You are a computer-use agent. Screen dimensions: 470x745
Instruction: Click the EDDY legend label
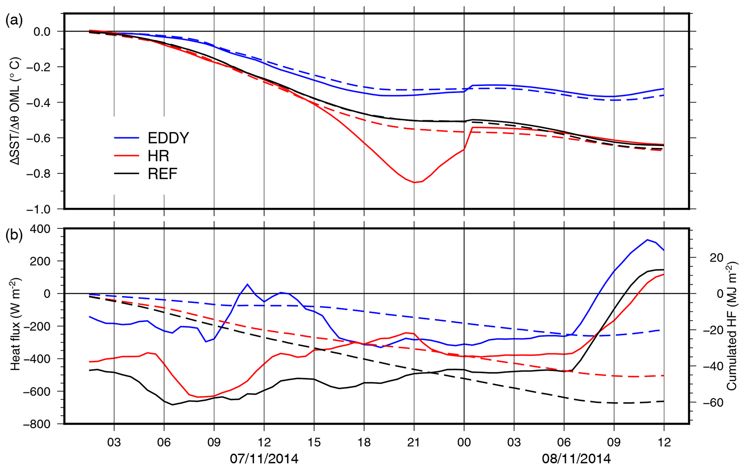168,138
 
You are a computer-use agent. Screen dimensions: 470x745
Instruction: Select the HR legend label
158,156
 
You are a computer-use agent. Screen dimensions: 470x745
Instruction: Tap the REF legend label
163,174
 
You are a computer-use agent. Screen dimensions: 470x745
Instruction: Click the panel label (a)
14,21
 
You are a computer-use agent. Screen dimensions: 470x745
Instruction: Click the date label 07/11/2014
264,459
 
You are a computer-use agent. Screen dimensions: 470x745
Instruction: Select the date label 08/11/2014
576,459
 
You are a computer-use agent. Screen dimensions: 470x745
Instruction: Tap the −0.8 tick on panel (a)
41,173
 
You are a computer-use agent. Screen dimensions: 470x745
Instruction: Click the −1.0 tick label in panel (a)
41,209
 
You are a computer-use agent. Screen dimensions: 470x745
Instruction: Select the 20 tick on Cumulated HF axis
714,258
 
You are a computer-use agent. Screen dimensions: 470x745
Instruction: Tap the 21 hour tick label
414,442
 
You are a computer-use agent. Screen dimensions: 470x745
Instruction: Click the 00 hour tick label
464,442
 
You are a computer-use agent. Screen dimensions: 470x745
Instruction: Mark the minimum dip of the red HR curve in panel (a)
414,183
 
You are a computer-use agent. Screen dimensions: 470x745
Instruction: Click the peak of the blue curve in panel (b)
647,240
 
